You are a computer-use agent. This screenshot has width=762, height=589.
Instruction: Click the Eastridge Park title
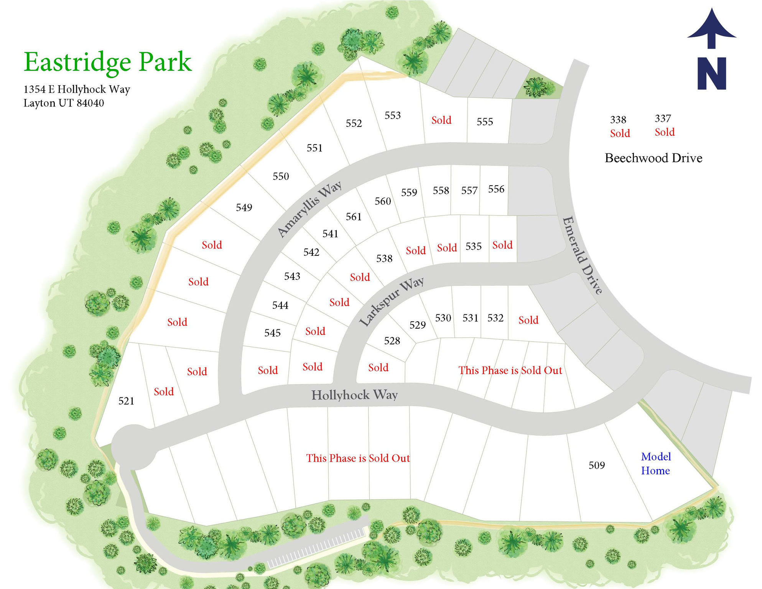(x=107, y=62)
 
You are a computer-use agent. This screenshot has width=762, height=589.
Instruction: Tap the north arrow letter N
(x=712, y=74)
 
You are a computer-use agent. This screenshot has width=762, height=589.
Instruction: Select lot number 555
(x=485, y=122)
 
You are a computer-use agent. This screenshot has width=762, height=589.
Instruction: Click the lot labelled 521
(x=126, y=401)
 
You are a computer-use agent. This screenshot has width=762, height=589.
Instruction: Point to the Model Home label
(x=656, y=464)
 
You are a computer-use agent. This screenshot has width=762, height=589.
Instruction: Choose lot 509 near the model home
(x=597, y=466)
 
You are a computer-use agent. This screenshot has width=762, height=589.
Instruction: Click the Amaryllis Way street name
(x=309, y=209)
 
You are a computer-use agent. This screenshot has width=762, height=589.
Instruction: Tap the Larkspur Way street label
(x=392, y=302)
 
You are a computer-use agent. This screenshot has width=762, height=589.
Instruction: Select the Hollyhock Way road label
(x=354, y=395)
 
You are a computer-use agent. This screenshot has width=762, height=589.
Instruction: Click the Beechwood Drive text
(x=653, y=158)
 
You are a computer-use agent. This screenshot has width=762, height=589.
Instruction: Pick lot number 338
(x=618, y=120)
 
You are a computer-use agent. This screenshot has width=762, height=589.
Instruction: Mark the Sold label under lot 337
(x=665, y=132)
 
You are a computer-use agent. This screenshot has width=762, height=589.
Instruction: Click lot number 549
(x=244, y=208)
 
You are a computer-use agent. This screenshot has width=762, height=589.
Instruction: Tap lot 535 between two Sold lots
(x=474, y=247)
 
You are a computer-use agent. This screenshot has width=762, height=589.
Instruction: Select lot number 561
(x=354, y=217)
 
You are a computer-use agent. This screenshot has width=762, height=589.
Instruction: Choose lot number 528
(x=392, y=341)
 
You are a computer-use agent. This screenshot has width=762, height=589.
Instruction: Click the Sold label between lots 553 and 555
(x=441, y=120)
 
